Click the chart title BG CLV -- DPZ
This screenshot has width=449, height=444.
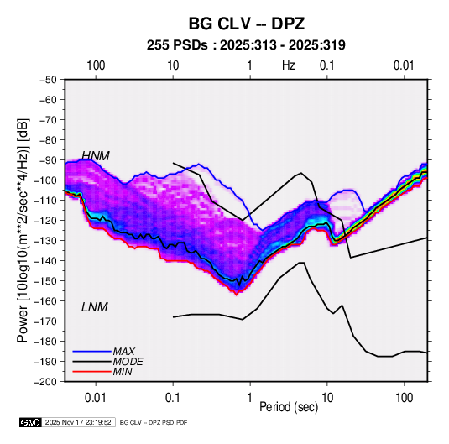click(x=247, y=24)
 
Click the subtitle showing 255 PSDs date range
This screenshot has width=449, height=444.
click(x=246, y=45)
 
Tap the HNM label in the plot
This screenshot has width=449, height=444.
click(x=96, y=156)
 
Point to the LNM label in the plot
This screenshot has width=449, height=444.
click(x=95, y=307)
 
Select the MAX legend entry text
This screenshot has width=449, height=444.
click(x=123, y=351)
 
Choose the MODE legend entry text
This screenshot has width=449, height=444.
click(x=128, y=362)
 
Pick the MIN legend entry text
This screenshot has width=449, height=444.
click(x=123, y=372)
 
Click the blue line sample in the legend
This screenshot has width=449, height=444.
click(x=92, y=351)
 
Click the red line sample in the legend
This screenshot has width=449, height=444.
click(x=92, y=372)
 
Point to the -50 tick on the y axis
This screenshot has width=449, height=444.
click(x=48, y=80)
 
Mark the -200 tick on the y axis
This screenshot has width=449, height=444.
click(x=45, y=382)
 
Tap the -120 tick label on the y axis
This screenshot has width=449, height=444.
click(x=45, y=220)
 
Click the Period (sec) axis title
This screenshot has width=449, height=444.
click(x=289, y=407)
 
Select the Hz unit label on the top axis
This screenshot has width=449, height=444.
click(x=289, y=65)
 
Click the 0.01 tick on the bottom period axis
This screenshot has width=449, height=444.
click(x=96, y=398)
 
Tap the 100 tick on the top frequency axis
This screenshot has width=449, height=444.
click(x=96, y=65)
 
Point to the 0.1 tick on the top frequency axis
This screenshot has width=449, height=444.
click(x=327, y=65)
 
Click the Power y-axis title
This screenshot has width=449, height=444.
click(x=23, y=230)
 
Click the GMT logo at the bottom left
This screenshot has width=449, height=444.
click(x=30, y=422)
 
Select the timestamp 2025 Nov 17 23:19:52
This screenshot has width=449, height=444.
click(x=78, y=422)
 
